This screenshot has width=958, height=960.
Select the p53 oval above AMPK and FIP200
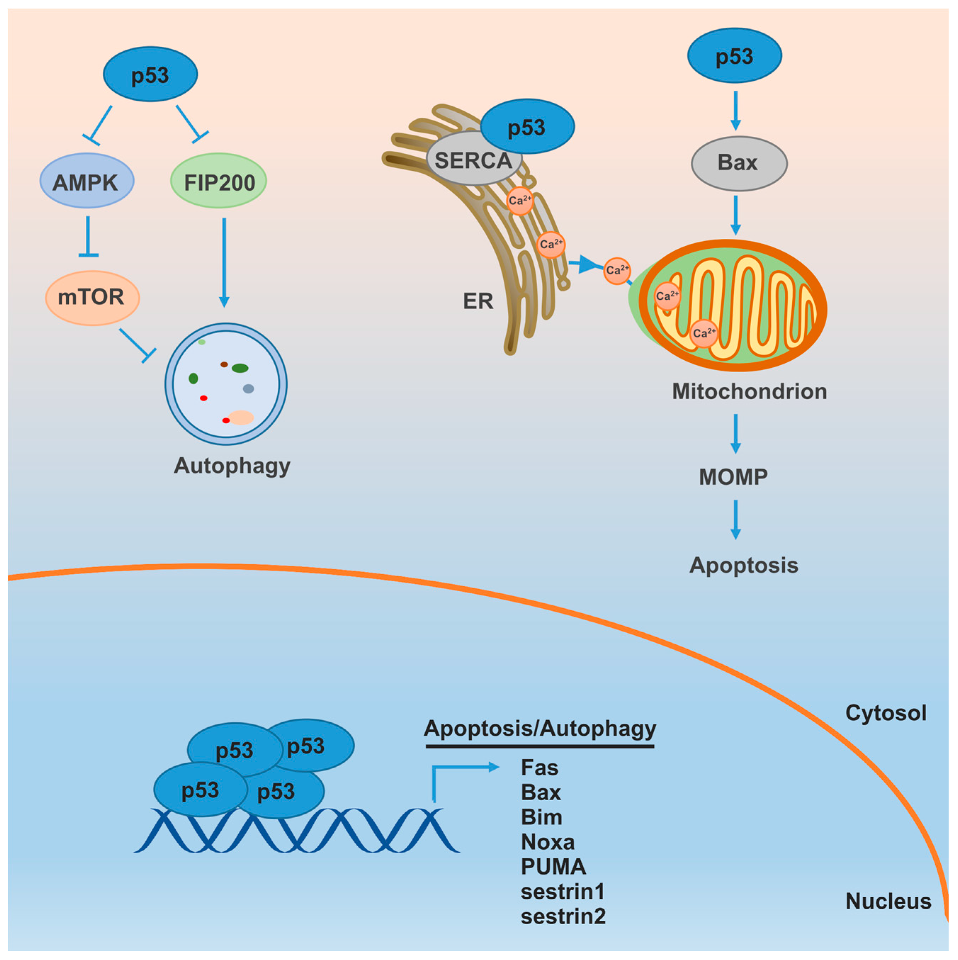click(x=151, y=74)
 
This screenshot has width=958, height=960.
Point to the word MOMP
click(x=733, y=477)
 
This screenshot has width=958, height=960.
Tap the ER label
click(x=478, y=301)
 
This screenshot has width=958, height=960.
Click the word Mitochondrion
click(x=750, y=391)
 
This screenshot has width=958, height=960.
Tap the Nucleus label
click(x=889, y=901)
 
